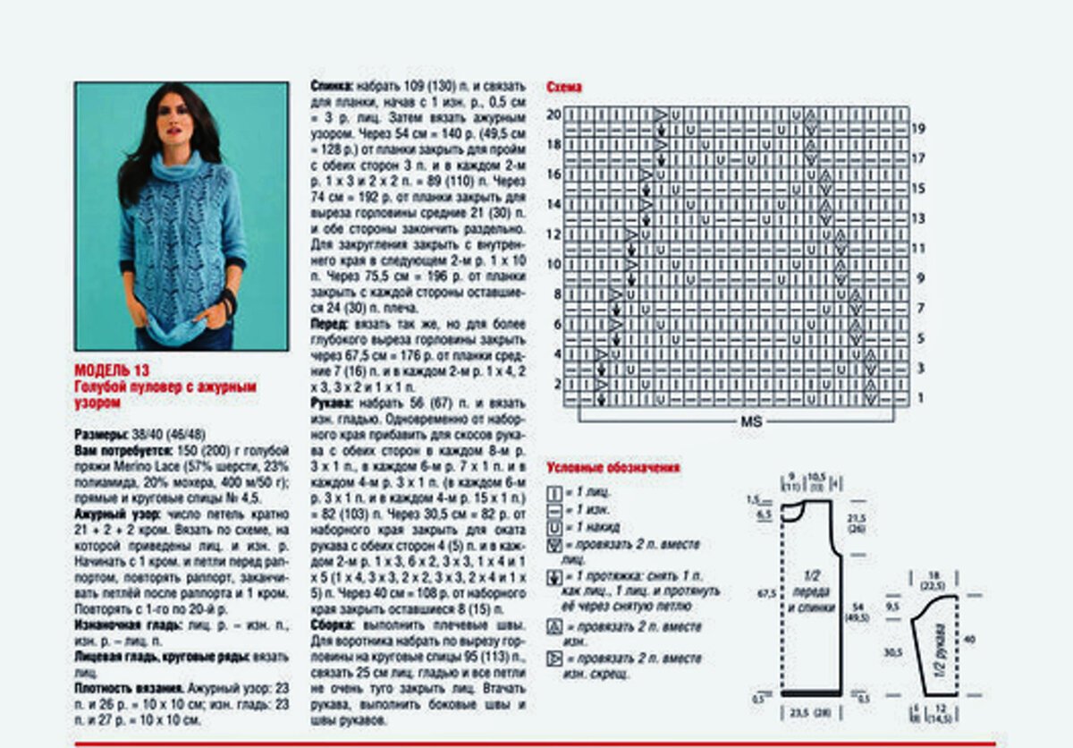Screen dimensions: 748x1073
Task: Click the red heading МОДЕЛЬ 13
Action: click(x=112, y=370)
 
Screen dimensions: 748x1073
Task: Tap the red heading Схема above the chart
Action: click(x=564, y=88)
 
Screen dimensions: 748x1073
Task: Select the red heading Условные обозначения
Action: click(x=613, y=467)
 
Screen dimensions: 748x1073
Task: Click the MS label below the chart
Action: click(x=751, y=421)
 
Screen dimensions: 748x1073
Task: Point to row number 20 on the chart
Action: click(x=553, y=115)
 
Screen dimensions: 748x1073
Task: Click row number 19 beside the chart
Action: click(x=917, y=129)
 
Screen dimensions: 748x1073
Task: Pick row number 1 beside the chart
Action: click(x=918, y=398)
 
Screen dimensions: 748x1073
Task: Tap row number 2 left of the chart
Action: click(x=556, y=384)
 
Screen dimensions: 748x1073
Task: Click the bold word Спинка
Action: click(x=331, y=87)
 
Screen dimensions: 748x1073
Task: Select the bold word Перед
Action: click(x=329, y=324)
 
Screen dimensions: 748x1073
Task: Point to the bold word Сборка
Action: click(x=333, y=625)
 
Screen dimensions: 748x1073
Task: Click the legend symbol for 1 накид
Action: click(x=553, y=527)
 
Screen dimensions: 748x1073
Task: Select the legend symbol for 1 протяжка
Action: click(x=553, y=577)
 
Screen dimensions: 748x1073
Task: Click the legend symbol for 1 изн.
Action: click(x=553, y=509)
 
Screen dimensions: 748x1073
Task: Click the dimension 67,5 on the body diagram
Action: click(x=765, y=591)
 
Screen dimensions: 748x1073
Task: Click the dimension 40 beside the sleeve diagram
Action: click(x=969, y=640)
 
